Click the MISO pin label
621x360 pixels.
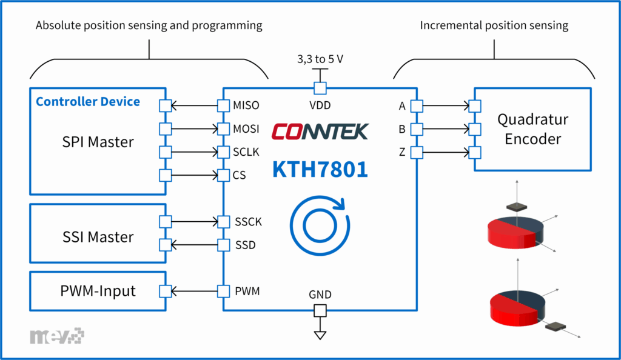pyautogui.click(x=246, y=105)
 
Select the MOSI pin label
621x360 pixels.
pyautogui.click(x=246, y=129)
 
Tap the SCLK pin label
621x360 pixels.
pyautogui.click(x=246, y=152)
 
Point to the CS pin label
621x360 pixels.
pyautogui.click(x=240, y=175)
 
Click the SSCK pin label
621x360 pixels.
pyautogui.click(x=248, y=222)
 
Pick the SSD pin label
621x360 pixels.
pyautogui.click(x=245, y=245)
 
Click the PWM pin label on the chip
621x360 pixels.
pyautogui.click(x=246, y=292)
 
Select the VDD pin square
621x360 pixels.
pyautogui.click(x=320, y=88)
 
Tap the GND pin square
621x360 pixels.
pyautogui.click(x=320, y=311)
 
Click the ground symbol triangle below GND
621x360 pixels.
pyautogui.click(x=320, y=335)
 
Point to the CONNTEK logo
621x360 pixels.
pyautogui.click(x=320, y=131)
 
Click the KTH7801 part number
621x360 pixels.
pyautogui.click(x=320, y=169)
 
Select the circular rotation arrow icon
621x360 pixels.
pyautogui.click(x=319, y=222)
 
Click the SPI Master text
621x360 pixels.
pyautogui.click(x=98, y=142)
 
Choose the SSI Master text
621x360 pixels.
pyautogui.click(x=98, y=236)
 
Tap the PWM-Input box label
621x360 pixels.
pyautogui.click(x=98, y=292)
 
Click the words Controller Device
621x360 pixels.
pyautogui.click(x=88, y=101)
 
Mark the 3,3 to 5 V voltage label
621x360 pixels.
pyautogui.click(x=320, y=60)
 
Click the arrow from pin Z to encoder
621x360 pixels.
pyautogui.click(x=446, y=152)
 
